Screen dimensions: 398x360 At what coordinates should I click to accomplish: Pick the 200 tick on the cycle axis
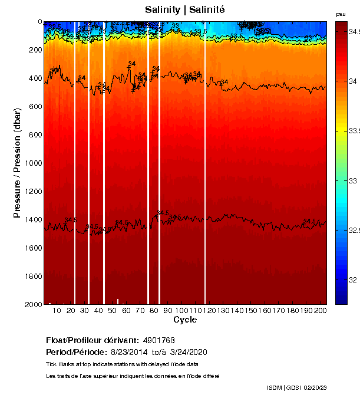pyautogui.click(x=321, y=311)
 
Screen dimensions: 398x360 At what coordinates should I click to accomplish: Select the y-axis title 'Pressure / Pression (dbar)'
pyautogui.click(x=17, y=163)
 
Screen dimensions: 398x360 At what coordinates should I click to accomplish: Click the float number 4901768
pyautogui.click(x=158, y=341)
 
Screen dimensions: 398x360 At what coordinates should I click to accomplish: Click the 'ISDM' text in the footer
pyautogui.click(x=275, y=387)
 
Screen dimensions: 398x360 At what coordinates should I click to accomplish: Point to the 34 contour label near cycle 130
pyautogui.click(x=224, y=82)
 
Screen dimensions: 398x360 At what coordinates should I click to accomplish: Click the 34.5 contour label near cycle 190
pyautogui.click(x=309, y=222)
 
